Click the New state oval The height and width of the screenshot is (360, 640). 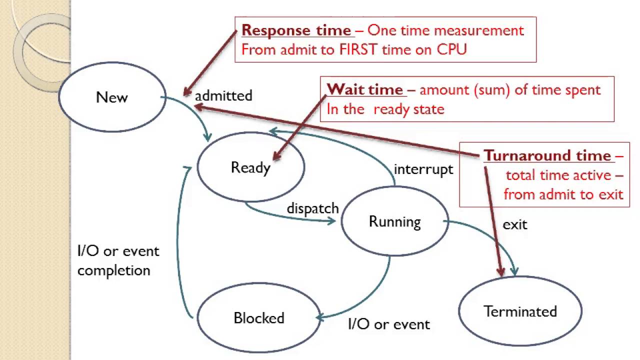(112, 97)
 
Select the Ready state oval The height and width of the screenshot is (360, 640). (250, 167)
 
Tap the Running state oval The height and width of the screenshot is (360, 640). (394, 221)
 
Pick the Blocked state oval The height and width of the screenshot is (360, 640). (258, 318)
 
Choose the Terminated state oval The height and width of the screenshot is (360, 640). (520, 311)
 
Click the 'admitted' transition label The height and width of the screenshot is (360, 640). (223, 95)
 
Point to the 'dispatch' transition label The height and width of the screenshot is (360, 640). (312, 208)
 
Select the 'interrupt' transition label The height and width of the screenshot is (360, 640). (423, 169)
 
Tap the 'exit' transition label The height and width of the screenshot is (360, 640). (515, 224)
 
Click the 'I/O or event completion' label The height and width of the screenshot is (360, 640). (118, 260)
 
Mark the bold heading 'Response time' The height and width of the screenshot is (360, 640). (296, 30)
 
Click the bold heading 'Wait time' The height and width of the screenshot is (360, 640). (364, 89)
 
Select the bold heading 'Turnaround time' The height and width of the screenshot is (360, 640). (547, 155)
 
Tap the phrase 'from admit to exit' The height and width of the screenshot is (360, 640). (563, 194)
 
